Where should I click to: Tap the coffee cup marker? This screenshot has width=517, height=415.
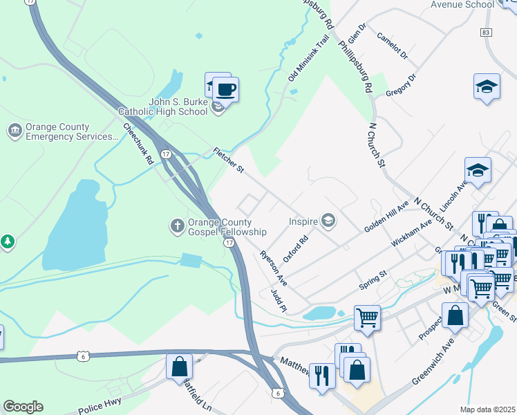(225, 89)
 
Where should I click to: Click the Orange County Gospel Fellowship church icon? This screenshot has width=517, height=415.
(177, 225)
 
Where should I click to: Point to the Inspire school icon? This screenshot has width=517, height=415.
(328, 221)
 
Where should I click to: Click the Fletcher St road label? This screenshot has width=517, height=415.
(229, 160)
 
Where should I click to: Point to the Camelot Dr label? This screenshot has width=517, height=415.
(393, 45)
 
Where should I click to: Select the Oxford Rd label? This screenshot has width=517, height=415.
(295, 248)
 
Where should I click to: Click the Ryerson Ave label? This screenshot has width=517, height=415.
(273, 269)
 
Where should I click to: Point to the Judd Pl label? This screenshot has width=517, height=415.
(279, 300)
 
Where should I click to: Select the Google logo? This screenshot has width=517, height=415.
(23, 407)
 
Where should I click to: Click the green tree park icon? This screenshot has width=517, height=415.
(8, 241)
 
